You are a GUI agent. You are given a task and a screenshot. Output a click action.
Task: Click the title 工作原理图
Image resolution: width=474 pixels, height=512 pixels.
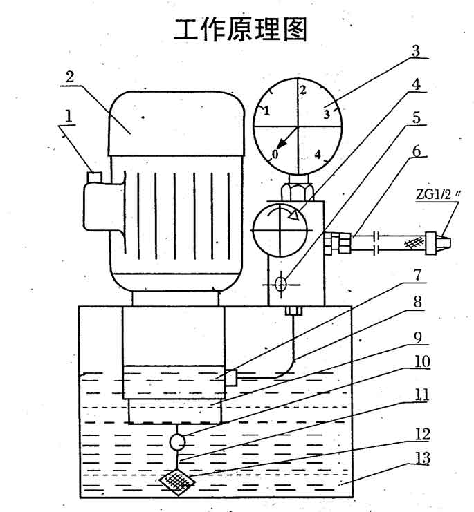(239, 29)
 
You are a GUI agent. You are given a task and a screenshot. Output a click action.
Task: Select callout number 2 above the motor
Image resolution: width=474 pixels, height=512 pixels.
(70, 77)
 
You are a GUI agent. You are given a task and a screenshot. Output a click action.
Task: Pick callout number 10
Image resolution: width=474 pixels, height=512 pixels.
(421, 361)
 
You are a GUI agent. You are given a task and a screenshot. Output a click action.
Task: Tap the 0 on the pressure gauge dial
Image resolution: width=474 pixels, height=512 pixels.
(277, 154)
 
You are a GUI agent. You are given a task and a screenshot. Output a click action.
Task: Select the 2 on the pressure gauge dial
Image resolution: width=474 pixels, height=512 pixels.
(302, 90)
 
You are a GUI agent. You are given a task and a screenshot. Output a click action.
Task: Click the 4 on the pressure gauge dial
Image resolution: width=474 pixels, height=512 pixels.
(319, 155)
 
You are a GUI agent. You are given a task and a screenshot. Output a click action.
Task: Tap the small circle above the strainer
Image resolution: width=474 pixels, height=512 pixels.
(177, 440)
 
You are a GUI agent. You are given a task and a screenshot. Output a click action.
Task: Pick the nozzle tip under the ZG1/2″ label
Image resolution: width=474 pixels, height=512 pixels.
(437, 241)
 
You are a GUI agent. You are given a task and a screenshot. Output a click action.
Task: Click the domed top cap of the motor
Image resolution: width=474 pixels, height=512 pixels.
(176, 124)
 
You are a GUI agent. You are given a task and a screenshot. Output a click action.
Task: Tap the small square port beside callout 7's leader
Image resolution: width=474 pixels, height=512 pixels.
(232, 377)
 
